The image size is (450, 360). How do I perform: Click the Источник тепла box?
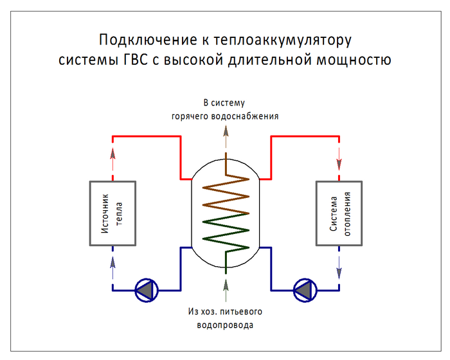(113, 213)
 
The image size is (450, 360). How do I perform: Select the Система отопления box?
(339, 213)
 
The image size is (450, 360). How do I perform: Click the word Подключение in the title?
(144, 40)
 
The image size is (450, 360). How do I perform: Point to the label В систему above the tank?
(224, 103)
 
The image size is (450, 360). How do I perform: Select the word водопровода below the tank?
(225, 325)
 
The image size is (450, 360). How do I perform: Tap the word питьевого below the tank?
(241, 312)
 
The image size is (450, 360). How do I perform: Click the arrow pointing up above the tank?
(225, 132)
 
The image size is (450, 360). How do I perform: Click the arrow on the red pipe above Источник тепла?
(113, 154)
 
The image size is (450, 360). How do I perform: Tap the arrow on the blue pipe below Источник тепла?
(113, 262)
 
